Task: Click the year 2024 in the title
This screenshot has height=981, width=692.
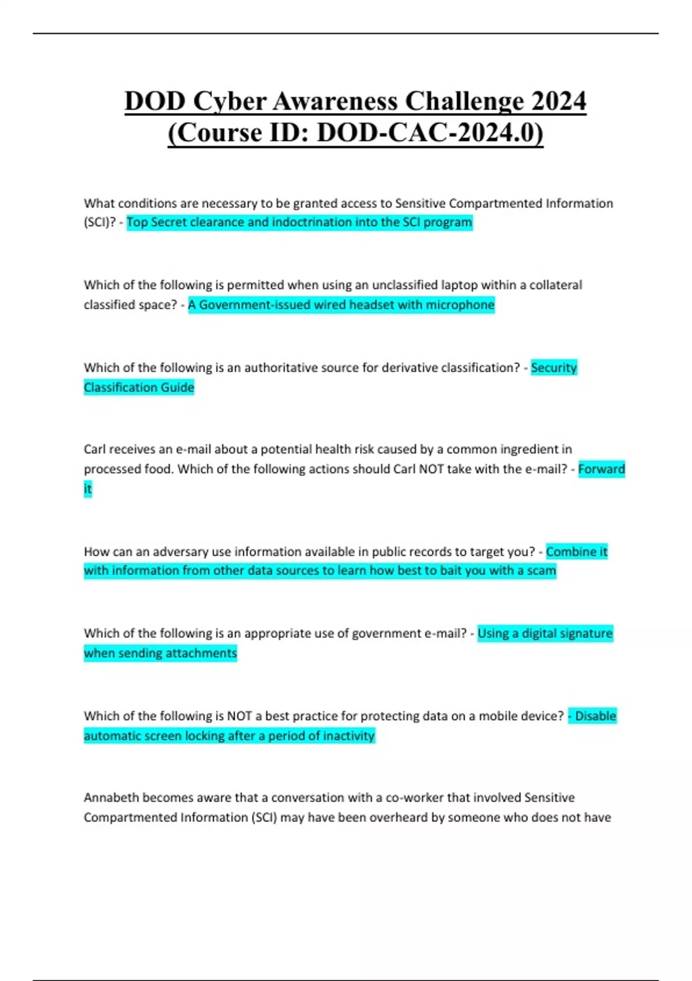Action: point(558,102)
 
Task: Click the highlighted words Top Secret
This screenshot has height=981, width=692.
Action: point(152,223)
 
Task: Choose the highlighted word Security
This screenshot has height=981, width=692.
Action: point(554,368)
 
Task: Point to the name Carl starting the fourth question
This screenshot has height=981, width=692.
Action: point(95,450)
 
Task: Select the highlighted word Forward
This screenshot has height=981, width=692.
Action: point(601,469)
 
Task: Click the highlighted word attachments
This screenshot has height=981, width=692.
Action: point(201,653)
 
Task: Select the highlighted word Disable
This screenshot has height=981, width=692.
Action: point(596,716)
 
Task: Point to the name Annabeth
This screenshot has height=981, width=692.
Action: point(111,798)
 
